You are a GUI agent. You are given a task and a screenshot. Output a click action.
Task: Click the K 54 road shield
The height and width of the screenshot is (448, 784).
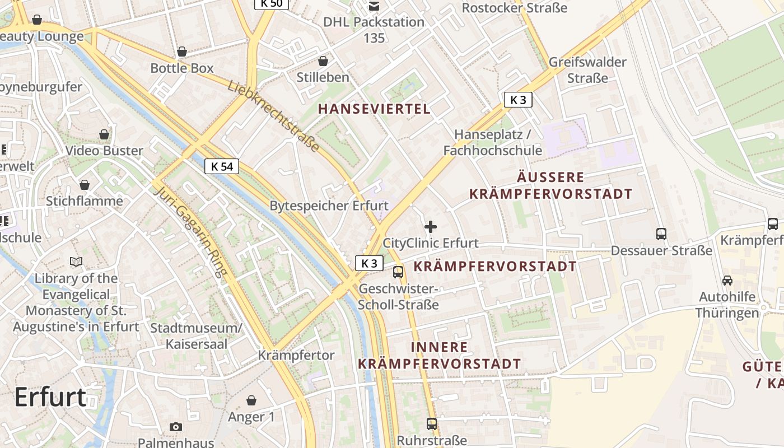(x=222, y=166)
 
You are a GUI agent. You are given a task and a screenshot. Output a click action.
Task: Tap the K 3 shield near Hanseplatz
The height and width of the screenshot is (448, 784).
(x=518, y=100)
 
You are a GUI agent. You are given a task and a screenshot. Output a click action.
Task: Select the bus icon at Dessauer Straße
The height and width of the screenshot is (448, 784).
(x=661, y=234)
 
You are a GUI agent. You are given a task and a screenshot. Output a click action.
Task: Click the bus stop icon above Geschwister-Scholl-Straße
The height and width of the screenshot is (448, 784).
(x=398, y=272)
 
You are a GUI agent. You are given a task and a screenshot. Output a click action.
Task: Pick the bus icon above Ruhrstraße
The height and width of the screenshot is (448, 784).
(x=431, y=423)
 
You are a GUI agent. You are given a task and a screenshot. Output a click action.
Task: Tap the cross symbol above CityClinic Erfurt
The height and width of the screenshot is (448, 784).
(x=431, y=227)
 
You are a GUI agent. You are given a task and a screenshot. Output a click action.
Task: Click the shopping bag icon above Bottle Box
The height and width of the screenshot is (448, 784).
(x=182, y=52)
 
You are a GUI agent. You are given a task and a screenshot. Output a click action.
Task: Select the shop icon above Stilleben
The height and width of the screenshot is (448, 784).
(x=323, y=61)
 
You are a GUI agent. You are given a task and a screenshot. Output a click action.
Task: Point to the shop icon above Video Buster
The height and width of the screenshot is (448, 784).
(x=104, y=134)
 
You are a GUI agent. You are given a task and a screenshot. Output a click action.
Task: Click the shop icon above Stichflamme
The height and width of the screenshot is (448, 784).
(x=85, y=185)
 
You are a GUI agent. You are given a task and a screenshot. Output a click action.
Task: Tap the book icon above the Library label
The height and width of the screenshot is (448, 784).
(x=76, y=262)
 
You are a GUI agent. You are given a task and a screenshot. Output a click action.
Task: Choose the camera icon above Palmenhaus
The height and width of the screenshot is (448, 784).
(x=176, y=427)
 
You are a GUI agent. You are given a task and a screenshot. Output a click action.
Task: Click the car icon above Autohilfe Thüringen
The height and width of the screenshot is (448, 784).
(x=727, y=281)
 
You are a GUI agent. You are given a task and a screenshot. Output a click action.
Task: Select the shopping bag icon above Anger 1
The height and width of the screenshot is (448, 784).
(x=251, y=400)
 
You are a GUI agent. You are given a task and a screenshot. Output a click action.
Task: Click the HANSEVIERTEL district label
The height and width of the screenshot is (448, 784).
(x=375, y=109)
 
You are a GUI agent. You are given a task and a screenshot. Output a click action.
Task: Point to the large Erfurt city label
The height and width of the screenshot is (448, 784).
(x=50, y=397)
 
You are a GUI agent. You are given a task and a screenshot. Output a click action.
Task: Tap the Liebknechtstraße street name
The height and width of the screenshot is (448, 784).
(x=273, y=116)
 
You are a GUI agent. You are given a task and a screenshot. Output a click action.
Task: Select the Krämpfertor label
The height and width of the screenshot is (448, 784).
(x=296, y=355)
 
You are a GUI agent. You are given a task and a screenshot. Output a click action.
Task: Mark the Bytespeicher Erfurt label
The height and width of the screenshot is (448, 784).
(x=329, y=206)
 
